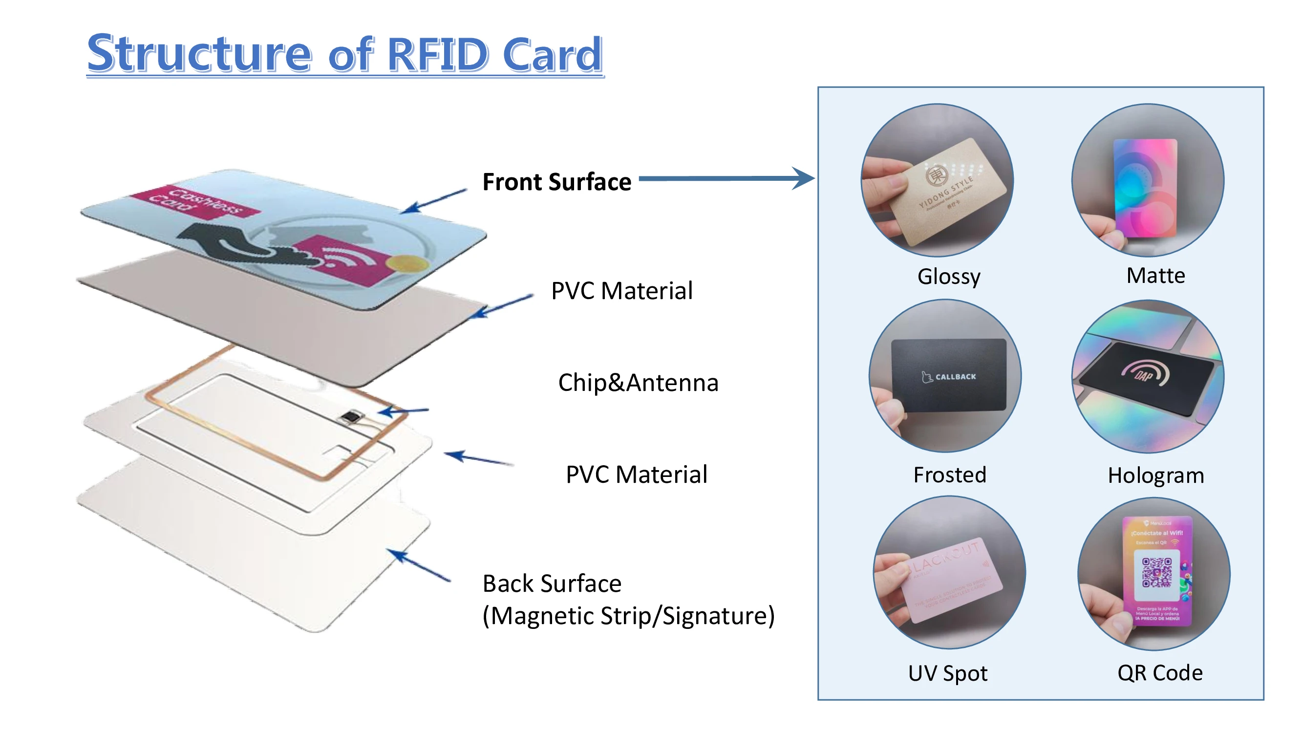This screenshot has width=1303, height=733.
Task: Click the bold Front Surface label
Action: pos(556,182)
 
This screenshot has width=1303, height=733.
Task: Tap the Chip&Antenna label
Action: pos(638,383)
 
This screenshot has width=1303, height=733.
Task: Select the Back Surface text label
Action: pos(552,583)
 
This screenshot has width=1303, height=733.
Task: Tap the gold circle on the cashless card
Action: pos(405,263)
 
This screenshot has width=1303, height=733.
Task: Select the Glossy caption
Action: pos(948,277)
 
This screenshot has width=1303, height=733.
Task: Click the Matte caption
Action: pos(1155,276)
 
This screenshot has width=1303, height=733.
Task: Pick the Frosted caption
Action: pos(949,475)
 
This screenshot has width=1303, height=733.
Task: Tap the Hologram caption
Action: pos(1155,475)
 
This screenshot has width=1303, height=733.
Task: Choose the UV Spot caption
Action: pos(947,673)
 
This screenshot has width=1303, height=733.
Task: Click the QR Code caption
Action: pos(1159,673)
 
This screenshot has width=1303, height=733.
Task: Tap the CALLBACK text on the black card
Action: pos(955,377)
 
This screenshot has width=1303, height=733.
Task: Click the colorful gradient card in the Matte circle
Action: pos(1146,187)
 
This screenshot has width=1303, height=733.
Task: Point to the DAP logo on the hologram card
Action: pos(1144,374)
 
